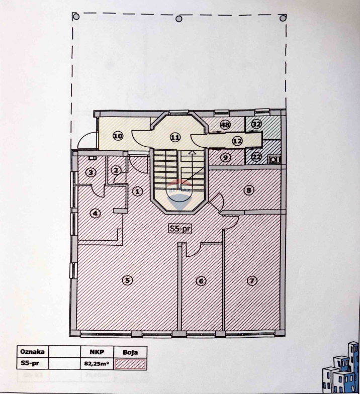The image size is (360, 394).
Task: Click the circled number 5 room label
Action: click(128, 280)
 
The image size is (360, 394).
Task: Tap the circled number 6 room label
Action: click(201, 281)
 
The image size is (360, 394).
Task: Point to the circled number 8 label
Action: click(248, 190)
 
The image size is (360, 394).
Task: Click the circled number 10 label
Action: click(118, 136)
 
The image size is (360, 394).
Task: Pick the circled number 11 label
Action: click(175, 136)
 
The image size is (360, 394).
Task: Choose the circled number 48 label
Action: click(225, 124)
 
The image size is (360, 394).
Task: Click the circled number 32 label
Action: click(256, 124)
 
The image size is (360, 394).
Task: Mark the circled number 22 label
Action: click(256, 157)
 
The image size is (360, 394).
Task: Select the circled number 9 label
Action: click(225, 157)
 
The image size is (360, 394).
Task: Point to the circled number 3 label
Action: click(91, 172)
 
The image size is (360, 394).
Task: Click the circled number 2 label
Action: click(116, 170)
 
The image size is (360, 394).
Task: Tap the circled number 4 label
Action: click(95, 213)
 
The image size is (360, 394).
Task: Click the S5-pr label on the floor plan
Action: click(180, 229)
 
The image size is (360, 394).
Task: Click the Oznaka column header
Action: click(33, 352)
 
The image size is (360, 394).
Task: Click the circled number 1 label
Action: click(137, 190)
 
